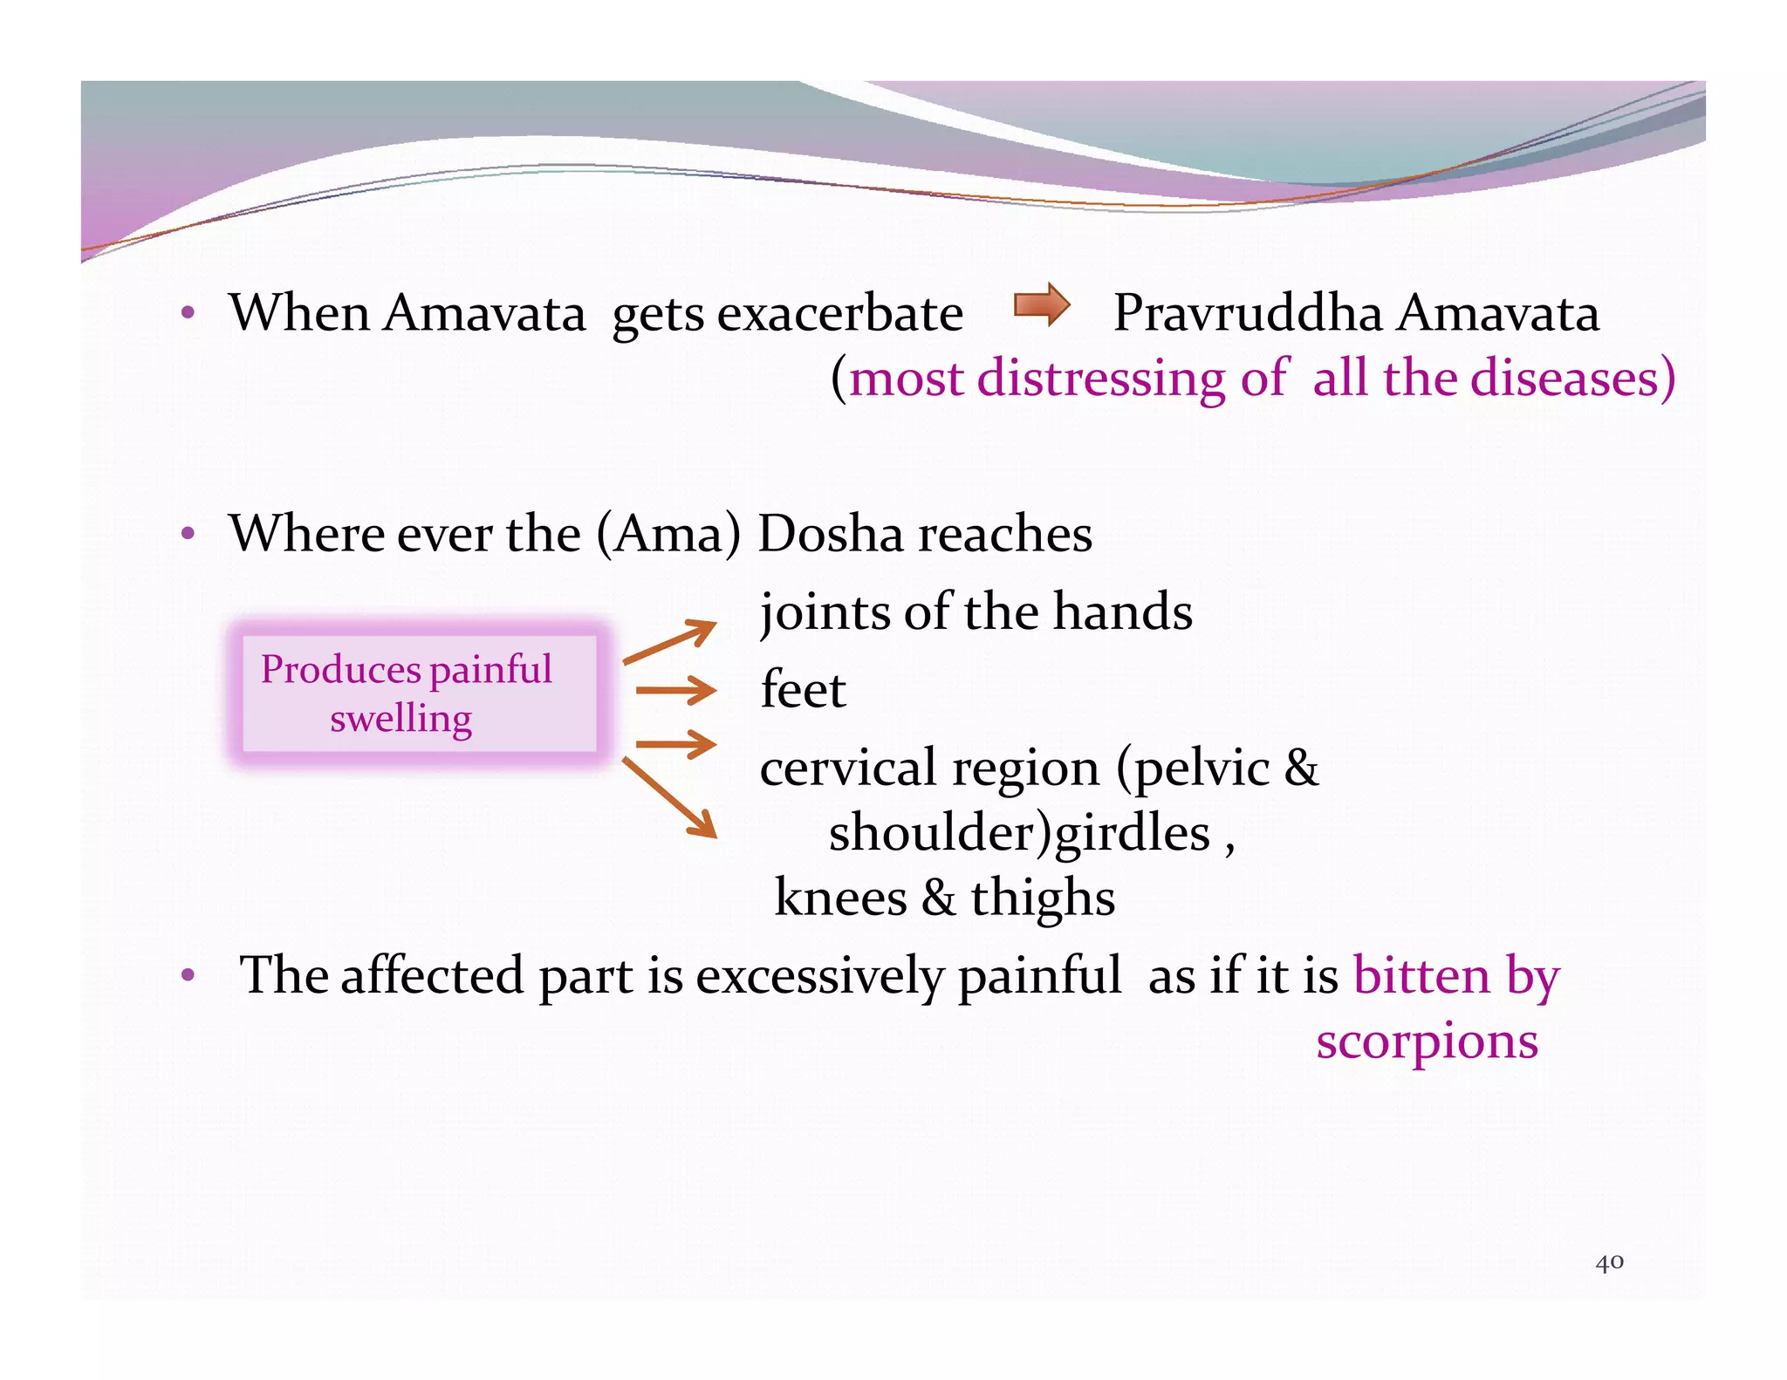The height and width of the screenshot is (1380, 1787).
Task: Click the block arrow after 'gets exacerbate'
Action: click(x=1042, y=304)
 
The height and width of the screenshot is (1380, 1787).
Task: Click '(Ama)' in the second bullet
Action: click(x=668, y=533)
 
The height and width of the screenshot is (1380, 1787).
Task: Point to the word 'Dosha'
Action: click(x=829, y=533)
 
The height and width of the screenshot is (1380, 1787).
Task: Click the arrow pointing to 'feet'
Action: click(x=675, y=691)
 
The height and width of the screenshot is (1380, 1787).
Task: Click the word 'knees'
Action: click(x=840, y=898)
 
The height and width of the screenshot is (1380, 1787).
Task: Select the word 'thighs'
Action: click(x=1043, y=898)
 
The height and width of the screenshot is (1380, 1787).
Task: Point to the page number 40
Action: click(x=1609, y=1262)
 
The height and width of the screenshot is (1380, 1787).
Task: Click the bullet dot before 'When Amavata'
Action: click(x=187, y=312)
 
